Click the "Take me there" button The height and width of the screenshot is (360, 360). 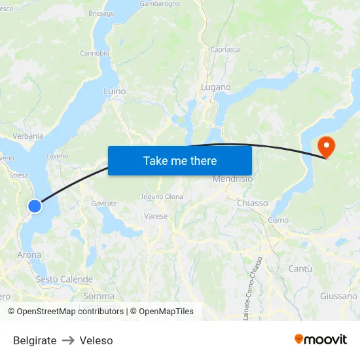tap(180, 160)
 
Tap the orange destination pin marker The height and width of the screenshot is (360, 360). tap(325, 147)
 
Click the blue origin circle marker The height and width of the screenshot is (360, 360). tap(35, 206)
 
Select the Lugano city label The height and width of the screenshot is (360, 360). tap(216, 87)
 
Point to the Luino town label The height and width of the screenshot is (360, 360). tap(115, 92)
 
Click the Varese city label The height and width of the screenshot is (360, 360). tap(156, 215)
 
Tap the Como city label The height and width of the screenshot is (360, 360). tap(278, 220)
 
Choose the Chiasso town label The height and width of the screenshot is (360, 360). tap(252, 203)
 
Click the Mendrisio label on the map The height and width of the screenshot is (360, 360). tap(232, 179)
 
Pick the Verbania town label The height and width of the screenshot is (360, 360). tap(27, 136)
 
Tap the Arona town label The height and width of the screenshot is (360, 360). tap(29, 255)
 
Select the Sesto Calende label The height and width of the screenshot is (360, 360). tap(64, 279)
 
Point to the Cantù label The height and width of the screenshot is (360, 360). tap(300, 268)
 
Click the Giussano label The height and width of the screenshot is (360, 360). tap(338, 296)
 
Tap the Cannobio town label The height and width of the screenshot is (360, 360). tap(94, 53)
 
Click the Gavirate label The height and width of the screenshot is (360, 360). tap(104, 204)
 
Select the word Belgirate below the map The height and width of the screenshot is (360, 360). tap(35, 340)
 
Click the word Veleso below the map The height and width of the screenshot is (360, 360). tap(96, 340)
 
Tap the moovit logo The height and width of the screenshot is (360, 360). tap(321, 339)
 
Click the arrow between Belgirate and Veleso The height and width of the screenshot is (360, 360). tap(68, 340)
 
